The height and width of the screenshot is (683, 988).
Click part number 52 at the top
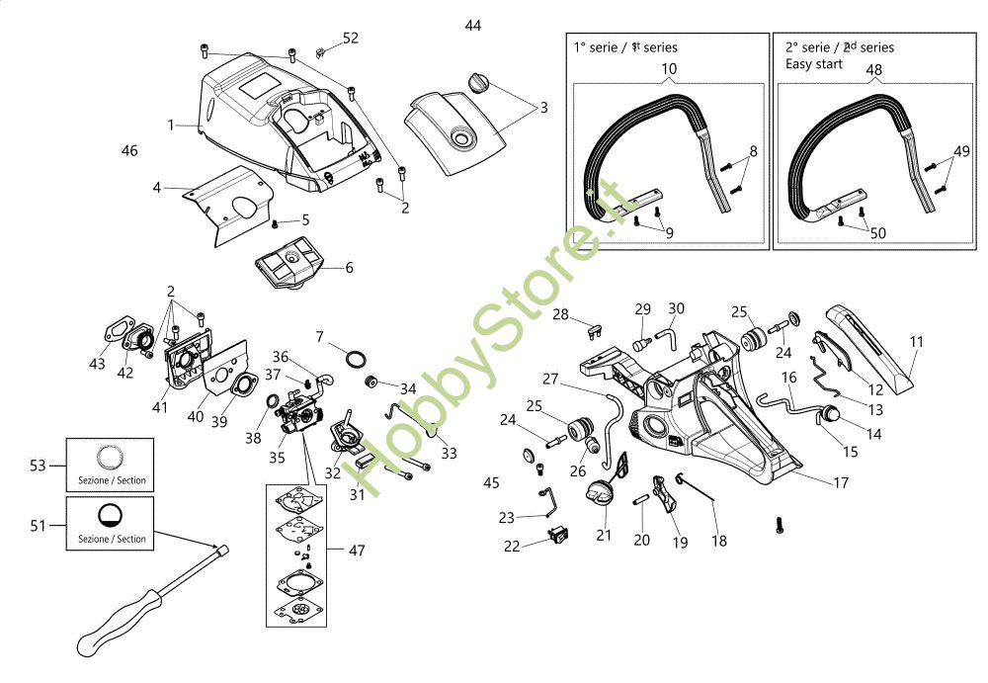pyautogui.click(x=351, y=39)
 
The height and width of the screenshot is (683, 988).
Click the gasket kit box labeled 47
pyautogui.click(x=297, y=554)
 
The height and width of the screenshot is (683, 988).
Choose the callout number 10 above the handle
pyautogui.click(x=669, y=68)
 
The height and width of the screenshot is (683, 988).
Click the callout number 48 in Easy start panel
pyautogui.click(x=874, y=69)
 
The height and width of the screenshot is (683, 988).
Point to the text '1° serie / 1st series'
pyautogui.click(x=624, y=46)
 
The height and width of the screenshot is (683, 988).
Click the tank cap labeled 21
pyautogui.click(x=602, y=492)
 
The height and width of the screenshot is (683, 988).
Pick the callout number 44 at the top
pyautogui.click(x=473, y=26)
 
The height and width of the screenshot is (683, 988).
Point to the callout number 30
pyautogui.click(x=676, y=308)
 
